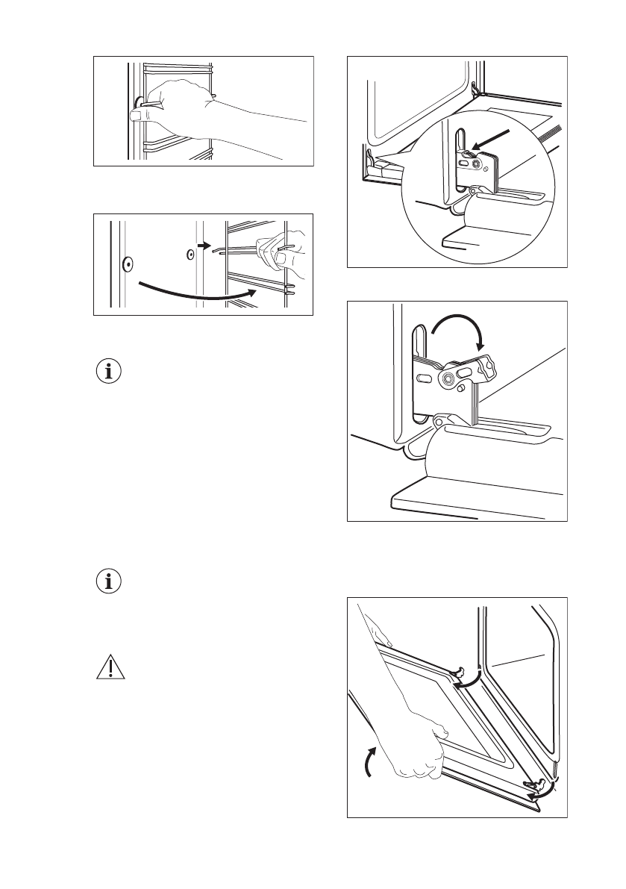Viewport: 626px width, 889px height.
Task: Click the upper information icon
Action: click(x=110, y=371)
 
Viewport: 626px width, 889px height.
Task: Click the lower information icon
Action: click(x=110, y=582)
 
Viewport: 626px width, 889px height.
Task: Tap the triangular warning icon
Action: click(x=110, y=669)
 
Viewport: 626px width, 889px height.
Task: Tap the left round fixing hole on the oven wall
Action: click(x=127, y=263)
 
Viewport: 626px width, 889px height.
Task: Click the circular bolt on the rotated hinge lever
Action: click(x=449, y=379)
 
